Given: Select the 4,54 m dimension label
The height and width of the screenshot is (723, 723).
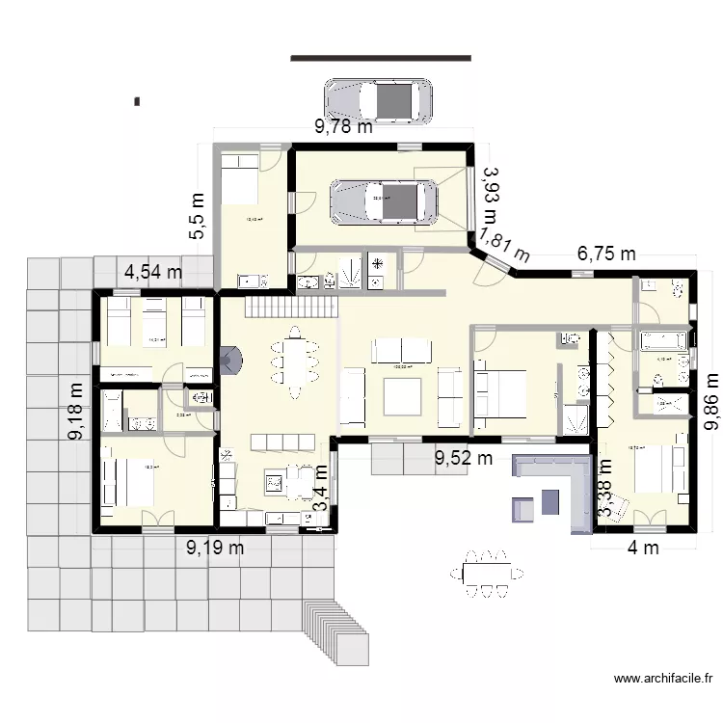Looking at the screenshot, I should point(153,272).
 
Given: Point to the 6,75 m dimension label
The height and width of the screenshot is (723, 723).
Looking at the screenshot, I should point(606,254).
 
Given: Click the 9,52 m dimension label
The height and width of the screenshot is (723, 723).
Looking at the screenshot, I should point(464,458).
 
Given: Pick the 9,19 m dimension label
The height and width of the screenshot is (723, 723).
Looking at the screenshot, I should point(215,549).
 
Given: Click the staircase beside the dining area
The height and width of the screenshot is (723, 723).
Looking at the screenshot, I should point(292,308).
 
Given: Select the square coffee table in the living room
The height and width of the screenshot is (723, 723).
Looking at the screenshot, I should point(402,396).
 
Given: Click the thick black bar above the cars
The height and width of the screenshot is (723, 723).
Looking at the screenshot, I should point(381,58).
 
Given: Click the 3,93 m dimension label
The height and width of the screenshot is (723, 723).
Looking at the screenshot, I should point(491,193).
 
